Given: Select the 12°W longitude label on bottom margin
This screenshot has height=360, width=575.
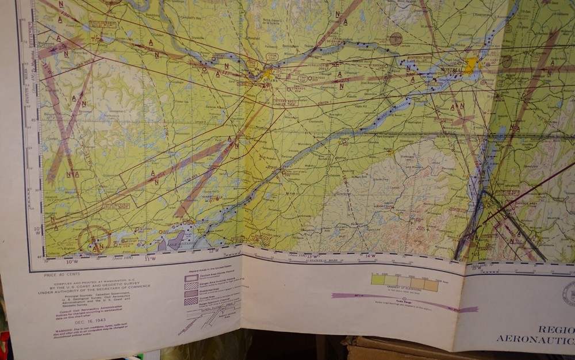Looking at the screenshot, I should coord(214,250).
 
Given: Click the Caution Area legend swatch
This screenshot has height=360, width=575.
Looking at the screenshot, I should coord(191,278).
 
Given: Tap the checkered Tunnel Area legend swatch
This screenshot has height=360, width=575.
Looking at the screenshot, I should coord(191,301).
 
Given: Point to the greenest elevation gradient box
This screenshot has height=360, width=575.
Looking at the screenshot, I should coord(378,280).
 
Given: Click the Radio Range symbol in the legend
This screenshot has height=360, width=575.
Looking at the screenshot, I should coord(403,300).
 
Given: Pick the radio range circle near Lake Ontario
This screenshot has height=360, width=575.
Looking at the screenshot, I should coord(93,239).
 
